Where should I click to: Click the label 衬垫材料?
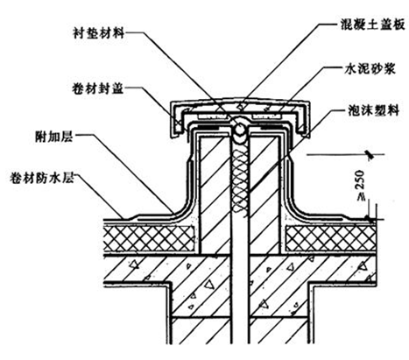click(x=98, y=32)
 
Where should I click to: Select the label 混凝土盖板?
click(x=372, y=25)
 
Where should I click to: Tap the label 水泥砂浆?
click(x=370, y=69)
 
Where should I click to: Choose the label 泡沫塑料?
click(x=373, y=110)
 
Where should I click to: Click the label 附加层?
click(x=54, y=136)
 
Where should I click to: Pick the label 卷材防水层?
click(x=41, y=177)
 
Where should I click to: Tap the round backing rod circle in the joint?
click(x=240, y=129)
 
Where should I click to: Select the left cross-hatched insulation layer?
click(x=150, y=238)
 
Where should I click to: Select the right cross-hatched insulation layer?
click(x=331, y=238)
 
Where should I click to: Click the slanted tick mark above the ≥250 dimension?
click(x=370, y=155)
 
